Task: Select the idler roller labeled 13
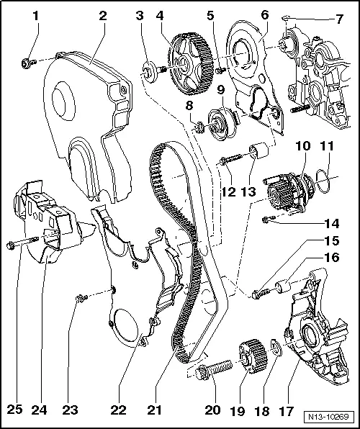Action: click(259, 154)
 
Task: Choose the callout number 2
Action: click(104, 14)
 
